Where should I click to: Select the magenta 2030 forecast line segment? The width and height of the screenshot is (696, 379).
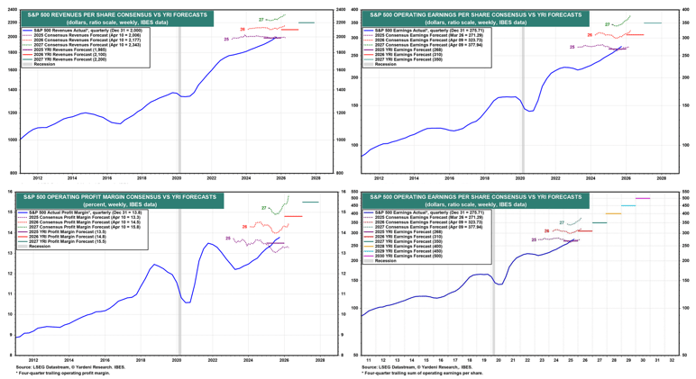click(643, 198)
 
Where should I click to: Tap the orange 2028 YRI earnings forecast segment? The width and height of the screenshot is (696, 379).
click(613, 213)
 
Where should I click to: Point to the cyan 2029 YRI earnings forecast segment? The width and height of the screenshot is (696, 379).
click(628, 205)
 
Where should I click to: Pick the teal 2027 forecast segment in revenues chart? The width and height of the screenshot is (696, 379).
click(307, 23)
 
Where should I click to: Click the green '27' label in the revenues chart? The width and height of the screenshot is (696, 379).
click(261, 20)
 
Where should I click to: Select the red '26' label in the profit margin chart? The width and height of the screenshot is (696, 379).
click(245, 227)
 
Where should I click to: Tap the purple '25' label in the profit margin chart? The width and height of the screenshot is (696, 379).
click(228, 239)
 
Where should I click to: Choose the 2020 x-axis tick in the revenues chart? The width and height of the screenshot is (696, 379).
click(177, 178)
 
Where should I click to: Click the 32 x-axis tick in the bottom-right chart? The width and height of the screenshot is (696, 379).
click(673, 360)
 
